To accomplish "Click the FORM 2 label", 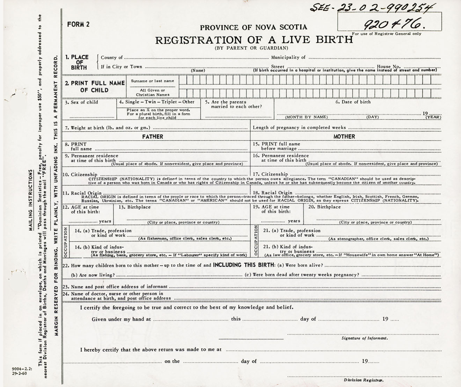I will pyautogui.click(x=78, y=24).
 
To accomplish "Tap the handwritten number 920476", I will pyautogui.click(x=392, y=24).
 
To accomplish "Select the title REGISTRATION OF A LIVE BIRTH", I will pyautogui.click(x=254, y=40).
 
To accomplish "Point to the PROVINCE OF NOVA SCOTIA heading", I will pyautogui.click(x=254, y=27).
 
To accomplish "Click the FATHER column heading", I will pyautogui.click(x=153, y=137).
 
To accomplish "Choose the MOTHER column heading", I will pyautogui.click(x=344, y=137).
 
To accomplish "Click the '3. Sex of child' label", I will pyautogui.click(x=82, y=102).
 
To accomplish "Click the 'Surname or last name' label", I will pyautogui.click(x=152, y=81).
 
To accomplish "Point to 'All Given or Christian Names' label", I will pyautogui.click(x=153, y=92).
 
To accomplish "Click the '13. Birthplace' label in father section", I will pyautogui.click(x=134, y=207).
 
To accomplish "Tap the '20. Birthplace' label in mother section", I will pyautogui.click(x=324, y=207).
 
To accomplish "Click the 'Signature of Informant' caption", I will pyautogui.click(x=364, y=338).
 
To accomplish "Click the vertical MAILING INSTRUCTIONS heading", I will pyautogui.click(x=31, y=200).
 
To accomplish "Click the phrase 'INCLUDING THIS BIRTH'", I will pyautogui.click(x=244, y=265).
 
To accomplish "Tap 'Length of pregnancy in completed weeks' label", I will pyautogui.click(x=299, y=128).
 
